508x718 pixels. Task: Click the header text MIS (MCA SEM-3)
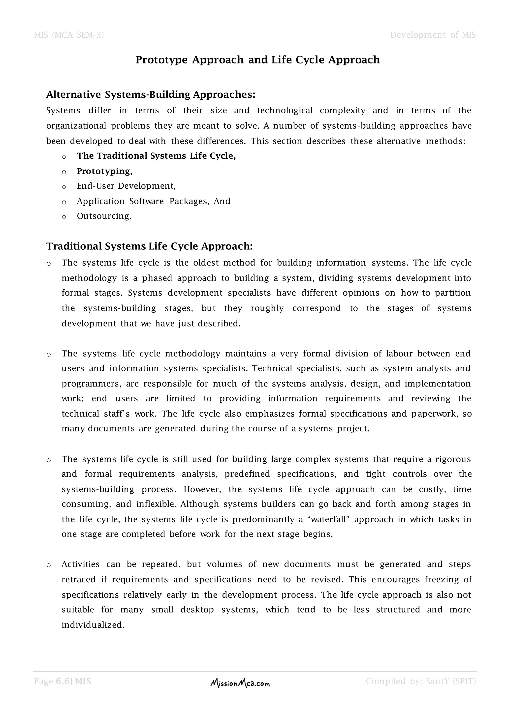pyautogui.click(x=69, y=35)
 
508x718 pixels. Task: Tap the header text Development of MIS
pyautogui.click(x=433, y=35)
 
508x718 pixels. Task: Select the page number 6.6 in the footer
pyautogui.click(x=63, y=681)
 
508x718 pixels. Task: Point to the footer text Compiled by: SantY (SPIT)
pyautogui.click(x=421, y=681)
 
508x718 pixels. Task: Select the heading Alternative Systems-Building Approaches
pyautogui.click(x=151, y=94)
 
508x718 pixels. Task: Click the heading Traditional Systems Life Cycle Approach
pyautogui.click(x=150, y=246)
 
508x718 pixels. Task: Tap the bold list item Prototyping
pyautogui.click(x=104, y=171)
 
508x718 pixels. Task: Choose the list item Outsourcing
pyautogui.click(x=104, y=216)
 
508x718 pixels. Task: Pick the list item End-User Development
pyautogui.click(x=126, y=186)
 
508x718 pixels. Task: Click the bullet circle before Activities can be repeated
pyautogui.click(x=48, y=565)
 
